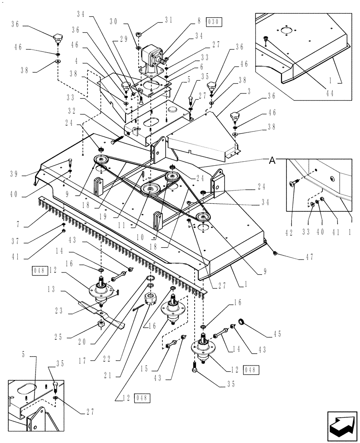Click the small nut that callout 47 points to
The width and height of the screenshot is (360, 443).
pyautogui.click(x=275, y=253)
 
